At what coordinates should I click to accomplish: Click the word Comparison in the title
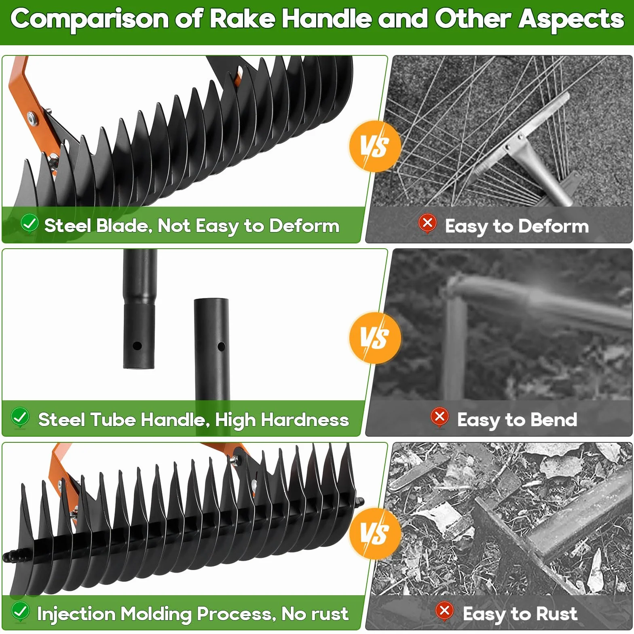point(89,19)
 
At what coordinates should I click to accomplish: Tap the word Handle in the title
point(326,19)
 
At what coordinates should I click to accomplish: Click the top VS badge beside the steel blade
point(375,146)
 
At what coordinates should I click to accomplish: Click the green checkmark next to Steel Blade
point(30,223)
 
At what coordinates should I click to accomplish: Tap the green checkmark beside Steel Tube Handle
point(20,417)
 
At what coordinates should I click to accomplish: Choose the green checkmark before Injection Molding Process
point(20,611)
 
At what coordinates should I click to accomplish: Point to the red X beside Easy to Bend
point(440,417)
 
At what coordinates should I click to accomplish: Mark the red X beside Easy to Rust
point(445,611)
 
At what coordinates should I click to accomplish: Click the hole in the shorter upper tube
point(137,346)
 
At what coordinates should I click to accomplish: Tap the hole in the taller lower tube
point(221,346)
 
